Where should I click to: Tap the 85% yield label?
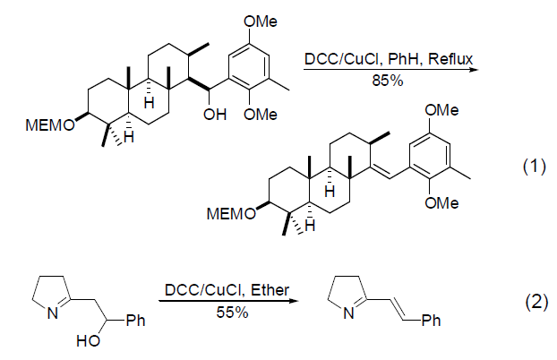click(387, 81)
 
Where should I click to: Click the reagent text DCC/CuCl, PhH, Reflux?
click(387, 57)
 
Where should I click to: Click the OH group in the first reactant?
click(216, 114)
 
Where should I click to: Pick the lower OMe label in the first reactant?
click(261, 114)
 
